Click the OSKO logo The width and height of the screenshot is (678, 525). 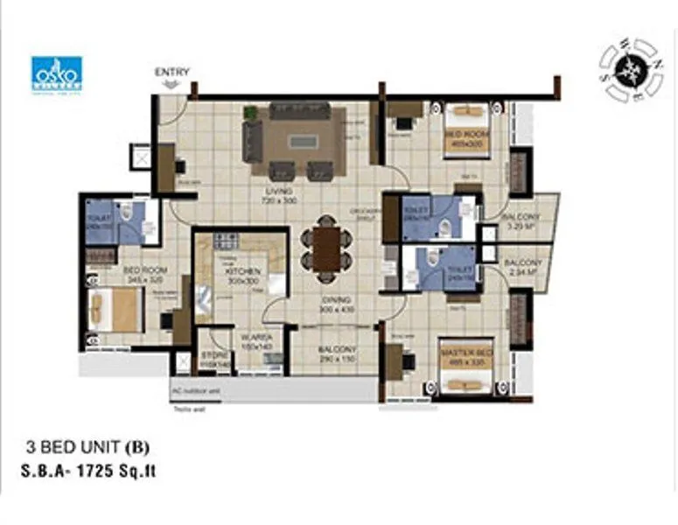57,74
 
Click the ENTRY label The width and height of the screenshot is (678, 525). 171,72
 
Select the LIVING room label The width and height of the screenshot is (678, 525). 280,195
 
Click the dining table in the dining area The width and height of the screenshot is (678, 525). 326,248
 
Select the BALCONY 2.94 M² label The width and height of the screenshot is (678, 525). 525,267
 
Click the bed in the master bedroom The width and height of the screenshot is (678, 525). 464,379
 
